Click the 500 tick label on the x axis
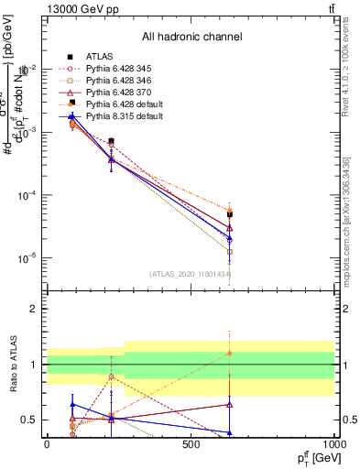[x=191, y=445]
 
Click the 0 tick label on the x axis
[x=47, y=445]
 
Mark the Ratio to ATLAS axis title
[x=12, y=365]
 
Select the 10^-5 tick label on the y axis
[x=26, y=258]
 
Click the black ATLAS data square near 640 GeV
[x=230, y=214]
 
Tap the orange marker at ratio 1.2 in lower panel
[x=230, y=353]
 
